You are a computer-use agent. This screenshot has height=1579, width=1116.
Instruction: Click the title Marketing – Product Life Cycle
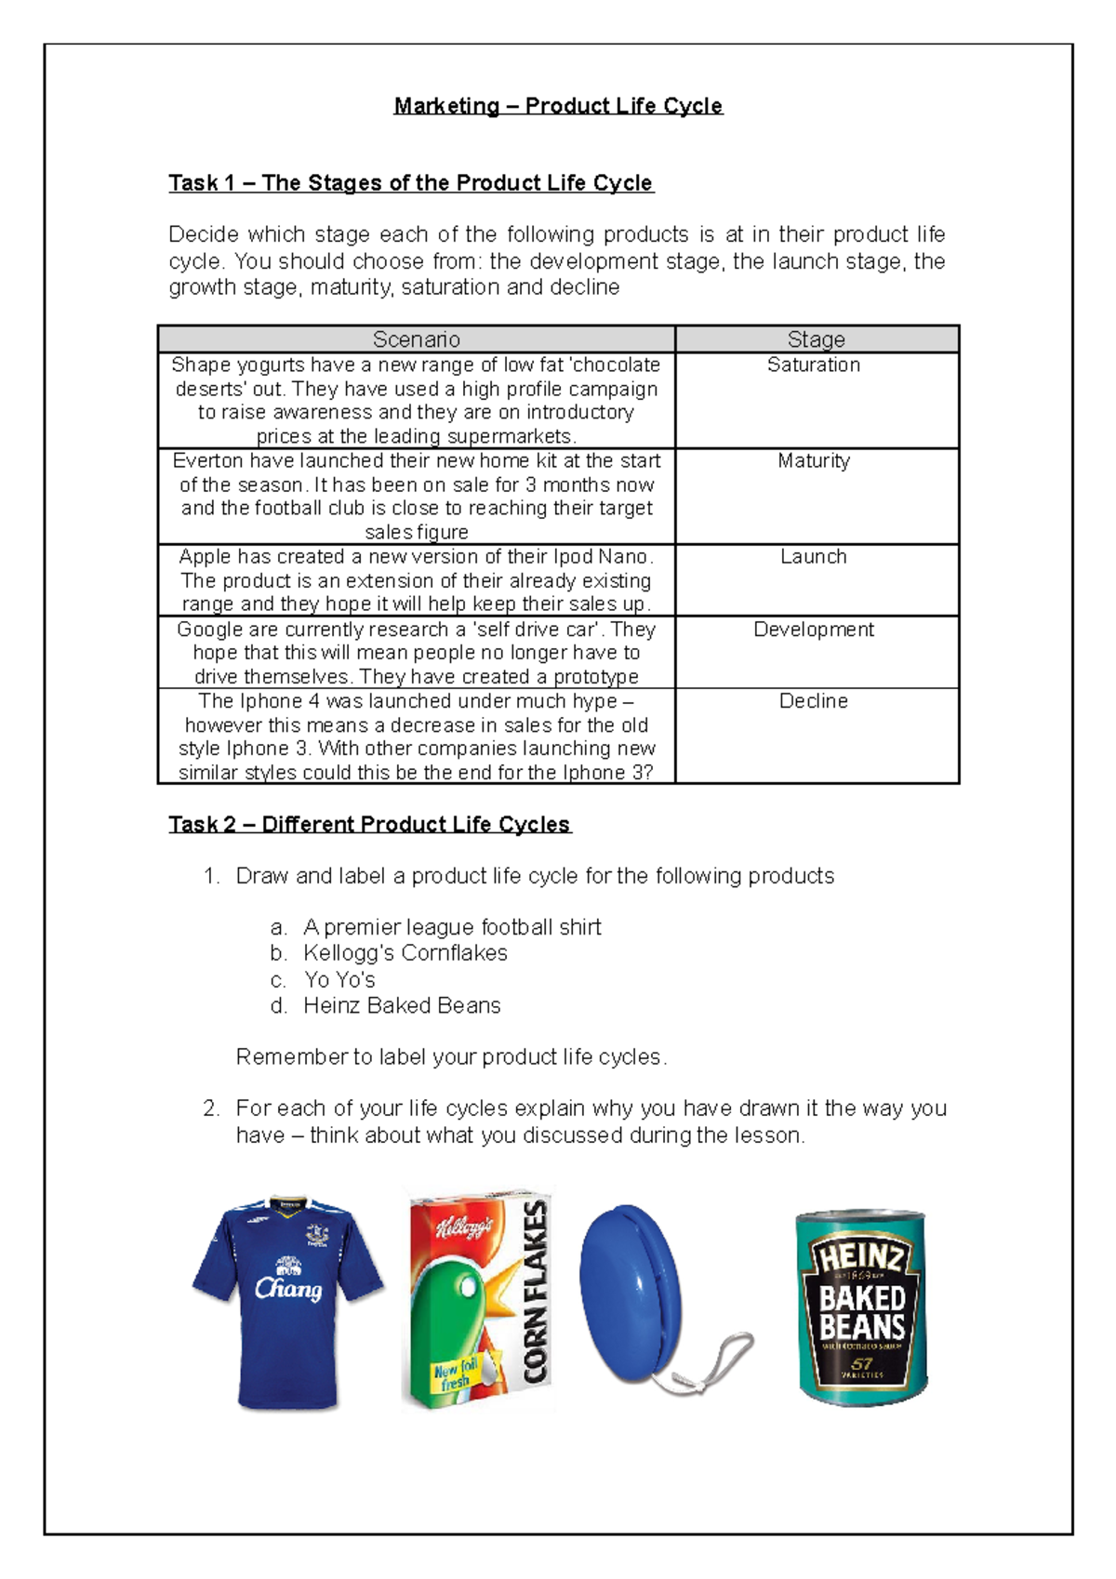click(558, 106)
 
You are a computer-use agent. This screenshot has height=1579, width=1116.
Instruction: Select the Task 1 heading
click(411, 183)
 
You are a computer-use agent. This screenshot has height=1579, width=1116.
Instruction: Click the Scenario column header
click(416, 339)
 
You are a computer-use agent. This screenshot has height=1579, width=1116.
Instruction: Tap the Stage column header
click(816, 339)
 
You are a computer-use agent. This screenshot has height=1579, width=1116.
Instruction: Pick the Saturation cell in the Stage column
click(814, 365)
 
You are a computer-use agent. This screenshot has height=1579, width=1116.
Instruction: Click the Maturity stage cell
click(814, 461)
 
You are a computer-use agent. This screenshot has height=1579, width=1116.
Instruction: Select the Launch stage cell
click(814, 557)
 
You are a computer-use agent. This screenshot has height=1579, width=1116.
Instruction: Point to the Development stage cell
click(814, 630)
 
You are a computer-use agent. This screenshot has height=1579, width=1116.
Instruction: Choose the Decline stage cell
click(814, 701)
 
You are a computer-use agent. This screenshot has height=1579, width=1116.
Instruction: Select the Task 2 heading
click(369, 825)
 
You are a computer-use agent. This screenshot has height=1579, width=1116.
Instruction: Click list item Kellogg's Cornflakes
click(405, 953)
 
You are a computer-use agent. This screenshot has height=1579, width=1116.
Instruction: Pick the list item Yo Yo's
click(339, 980)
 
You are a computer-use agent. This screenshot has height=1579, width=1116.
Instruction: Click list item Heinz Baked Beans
click(402, 1006)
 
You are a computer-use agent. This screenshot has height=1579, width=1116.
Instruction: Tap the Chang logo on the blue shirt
click(288, 1288)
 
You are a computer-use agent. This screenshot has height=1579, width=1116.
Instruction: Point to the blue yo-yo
click(630, 1288)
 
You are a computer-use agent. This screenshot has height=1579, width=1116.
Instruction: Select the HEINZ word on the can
click(861, 1258)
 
